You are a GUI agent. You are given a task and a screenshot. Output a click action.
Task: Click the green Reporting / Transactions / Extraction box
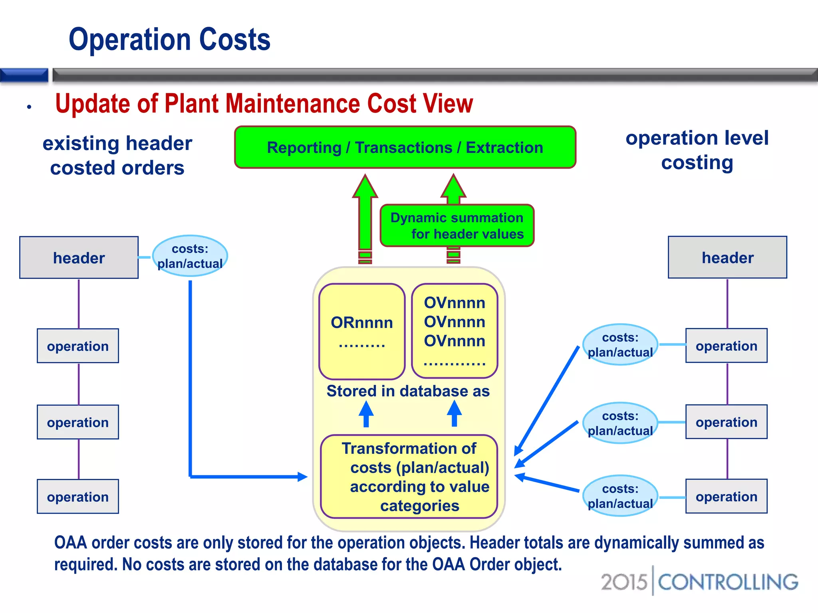pyautogui.click(x=405, y=147)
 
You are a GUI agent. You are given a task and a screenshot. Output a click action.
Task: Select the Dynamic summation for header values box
pyautogui.click(x=457, y=225)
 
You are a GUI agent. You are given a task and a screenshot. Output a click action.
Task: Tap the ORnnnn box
pyautogui.click(x=362, y=331)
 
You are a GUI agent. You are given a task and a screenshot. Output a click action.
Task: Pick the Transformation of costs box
pyautogui.click(x=409, y=477)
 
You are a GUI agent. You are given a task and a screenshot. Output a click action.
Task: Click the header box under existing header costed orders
pyautogui.click(x=79, y=258)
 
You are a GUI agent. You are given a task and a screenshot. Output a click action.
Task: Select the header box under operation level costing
pyautogui.click(x=727, y=257)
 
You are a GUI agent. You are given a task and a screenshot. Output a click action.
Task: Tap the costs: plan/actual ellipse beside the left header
pyautogui.click(x=190, y=256)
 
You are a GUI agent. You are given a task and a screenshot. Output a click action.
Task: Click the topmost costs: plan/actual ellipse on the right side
pyautogui.click(x=620, y=345)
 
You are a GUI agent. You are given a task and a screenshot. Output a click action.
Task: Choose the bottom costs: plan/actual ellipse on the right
pyautogui.click(x=620, y=496)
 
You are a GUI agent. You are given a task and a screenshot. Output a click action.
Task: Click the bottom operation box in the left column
pyautogui.click(x=78, y=496)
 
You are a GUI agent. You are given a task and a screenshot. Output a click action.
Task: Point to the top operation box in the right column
pyautogui.click(x=727, y=346)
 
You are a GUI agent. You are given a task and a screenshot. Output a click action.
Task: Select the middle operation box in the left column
pyautogui.click(x=78, y=422)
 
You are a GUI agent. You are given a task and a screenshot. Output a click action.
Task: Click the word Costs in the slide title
pyautogui.click(x=234, y=40)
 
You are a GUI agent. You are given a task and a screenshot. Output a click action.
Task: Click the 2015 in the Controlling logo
pyautogui.click(x=623, y=582)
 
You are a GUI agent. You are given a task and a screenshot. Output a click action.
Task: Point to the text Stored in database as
pyautogui.click(x=408, y=391)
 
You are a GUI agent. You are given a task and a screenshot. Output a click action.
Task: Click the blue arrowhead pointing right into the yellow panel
pyautogui.click(x=302, y=477)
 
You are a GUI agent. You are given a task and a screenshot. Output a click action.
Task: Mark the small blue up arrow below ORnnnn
pyautogui.click(x=366, y=413)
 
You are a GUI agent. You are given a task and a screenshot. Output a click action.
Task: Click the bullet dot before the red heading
pyautogui.click(x=29, y=107)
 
